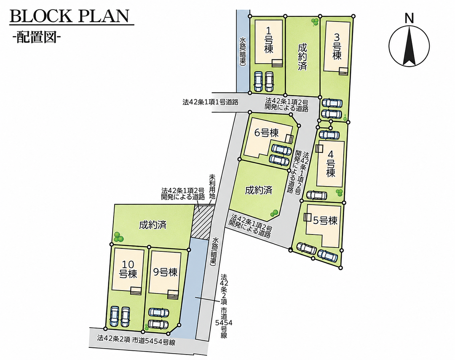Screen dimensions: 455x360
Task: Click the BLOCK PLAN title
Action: click(x=70, y=16)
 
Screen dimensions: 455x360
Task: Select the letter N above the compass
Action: click(x=409, y=18)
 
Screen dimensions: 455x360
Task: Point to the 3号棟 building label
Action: click(x=337, y=47)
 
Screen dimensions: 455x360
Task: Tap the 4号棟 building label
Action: click(x=331, y=163)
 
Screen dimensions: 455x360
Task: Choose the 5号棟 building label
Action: click(x=325, y=221)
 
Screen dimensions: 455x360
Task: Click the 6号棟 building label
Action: click(x=266, y=133)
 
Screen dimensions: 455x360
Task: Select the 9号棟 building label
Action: click(x=165, y=272)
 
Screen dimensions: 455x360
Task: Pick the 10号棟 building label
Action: click(x=128, y=269)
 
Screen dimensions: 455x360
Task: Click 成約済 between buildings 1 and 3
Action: click(x=302, y=56)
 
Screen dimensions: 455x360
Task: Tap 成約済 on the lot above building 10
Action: click(x=153, y=225)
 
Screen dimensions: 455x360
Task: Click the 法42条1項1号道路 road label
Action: click(x=210, y=102)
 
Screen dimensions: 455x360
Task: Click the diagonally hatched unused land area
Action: click(x=203, y=222)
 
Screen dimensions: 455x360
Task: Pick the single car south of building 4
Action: click(x=316, y=195)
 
